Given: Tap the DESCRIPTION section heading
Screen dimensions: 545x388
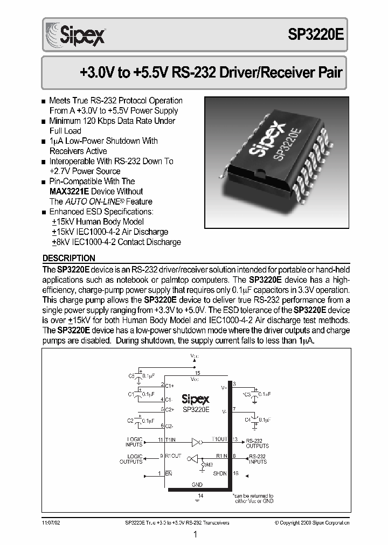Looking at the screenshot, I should pyautogui.click(x=69, y=258).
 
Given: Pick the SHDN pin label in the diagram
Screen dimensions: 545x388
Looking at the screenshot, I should pyautogui.click(x=220, y=473).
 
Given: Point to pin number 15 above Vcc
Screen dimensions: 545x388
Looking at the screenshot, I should pyautogui.click(x=197, y=373).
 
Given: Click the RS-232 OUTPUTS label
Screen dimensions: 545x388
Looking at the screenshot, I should pyautogui.click(x=257, y=443).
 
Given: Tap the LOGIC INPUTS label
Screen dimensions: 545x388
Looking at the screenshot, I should pyautogui.click(x=135, y=442).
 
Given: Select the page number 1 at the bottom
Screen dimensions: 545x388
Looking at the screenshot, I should pyautogui.click(x=195, y=535).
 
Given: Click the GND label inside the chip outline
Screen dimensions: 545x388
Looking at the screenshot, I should pyautogui.click(x=197, y=485).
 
